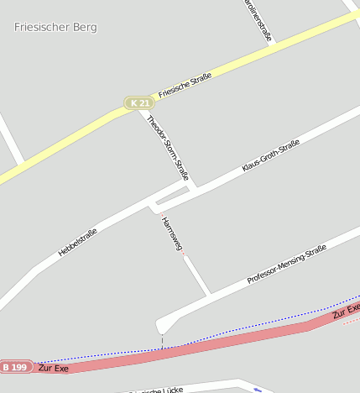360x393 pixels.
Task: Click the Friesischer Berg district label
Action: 55,27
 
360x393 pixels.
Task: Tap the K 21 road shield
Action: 139,103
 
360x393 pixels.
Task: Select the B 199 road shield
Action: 16,367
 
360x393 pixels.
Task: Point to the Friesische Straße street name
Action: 185,86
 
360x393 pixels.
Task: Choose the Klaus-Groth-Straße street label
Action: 270,157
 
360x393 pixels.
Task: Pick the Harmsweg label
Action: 171,233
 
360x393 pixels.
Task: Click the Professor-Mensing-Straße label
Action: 286,265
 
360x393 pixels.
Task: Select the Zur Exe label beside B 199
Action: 54,369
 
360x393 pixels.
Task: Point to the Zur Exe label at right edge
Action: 346,313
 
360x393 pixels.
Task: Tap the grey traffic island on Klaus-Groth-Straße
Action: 172,197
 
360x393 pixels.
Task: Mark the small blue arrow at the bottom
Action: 258,390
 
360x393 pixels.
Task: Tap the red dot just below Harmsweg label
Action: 184,254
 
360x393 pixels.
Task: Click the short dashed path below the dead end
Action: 162,342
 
